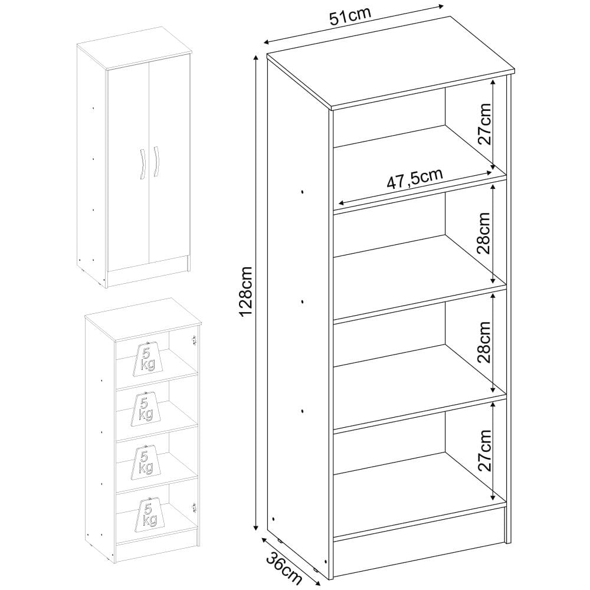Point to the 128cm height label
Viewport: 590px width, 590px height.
(247, 291)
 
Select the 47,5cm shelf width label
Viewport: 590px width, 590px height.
(414, 179)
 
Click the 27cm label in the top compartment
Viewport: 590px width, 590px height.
(484, 124)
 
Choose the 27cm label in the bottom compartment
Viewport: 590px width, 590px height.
(484, 450)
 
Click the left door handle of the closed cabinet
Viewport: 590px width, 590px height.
(142, 162)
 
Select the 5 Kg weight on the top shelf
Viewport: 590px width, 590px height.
(145, 358)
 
